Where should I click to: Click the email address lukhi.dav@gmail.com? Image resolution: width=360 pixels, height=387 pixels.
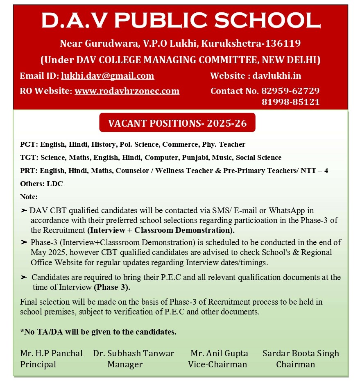pos(108,76)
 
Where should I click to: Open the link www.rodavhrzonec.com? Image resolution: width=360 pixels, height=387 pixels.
pos(127,91)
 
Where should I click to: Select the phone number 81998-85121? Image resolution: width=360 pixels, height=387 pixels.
pos(290,102)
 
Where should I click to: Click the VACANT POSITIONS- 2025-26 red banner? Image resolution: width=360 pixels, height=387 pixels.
pos(177,123)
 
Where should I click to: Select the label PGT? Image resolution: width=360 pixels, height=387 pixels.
pos(29,144)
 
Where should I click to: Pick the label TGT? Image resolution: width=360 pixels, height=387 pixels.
pos(29,157)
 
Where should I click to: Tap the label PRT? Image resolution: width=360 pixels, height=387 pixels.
pos(29,171)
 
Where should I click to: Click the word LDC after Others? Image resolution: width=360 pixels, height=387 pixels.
pos(55,184)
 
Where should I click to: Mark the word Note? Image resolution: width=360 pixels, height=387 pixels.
pos(29,197)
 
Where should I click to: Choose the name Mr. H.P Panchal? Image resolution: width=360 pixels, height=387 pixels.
pos(51,353)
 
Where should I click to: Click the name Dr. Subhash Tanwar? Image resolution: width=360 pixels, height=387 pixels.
pos(134,353)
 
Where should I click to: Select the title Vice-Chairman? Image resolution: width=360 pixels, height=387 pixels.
pos(217,364)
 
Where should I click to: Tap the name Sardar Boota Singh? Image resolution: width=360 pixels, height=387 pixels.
pos(301,353)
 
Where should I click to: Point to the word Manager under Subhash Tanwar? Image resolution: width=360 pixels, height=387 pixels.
pos(125,364)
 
